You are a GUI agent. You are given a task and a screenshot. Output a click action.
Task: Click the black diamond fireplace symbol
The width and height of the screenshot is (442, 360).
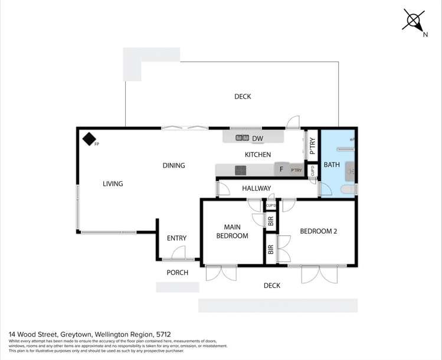pos(89,139)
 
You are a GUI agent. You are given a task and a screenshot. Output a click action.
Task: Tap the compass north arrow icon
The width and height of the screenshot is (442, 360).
pos(412,20)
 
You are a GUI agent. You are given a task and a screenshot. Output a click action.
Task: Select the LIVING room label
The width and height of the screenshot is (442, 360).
pos(113,184)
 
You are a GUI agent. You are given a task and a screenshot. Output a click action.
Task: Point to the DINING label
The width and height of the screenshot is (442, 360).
pos(173,165)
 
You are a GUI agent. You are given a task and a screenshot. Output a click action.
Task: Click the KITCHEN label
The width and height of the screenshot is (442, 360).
pos(258,155)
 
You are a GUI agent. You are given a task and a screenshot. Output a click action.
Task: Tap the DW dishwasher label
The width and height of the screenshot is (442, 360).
pos(257,139)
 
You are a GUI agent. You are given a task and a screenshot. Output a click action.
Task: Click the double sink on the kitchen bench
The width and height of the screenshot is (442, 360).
pos(242,138)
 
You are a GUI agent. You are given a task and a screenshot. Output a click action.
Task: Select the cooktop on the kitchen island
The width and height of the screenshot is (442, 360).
pos(240,170)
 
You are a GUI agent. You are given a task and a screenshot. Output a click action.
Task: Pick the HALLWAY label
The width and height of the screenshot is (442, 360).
pos(257,189)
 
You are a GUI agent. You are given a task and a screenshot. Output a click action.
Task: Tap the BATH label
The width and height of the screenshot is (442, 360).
pos(332,165)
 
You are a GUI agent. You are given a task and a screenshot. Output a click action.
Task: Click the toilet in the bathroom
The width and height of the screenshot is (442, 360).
pos(350,188)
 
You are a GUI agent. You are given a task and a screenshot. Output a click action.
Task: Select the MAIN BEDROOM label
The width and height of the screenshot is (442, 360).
pos(232,231)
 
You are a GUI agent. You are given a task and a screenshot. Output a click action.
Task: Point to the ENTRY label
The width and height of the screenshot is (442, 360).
pos(176,238)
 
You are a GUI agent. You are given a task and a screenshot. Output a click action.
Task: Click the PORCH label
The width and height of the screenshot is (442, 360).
pos(177,272)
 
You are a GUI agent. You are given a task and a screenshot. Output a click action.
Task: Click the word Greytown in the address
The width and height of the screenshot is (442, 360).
pos(74,334)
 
